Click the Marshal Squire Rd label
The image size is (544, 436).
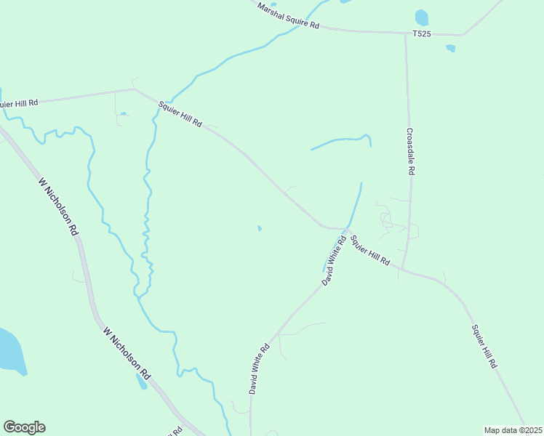pos(289,15)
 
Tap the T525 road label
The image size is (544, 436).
pos(422,33)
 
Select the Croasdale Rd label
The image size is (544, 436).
pos(410,152)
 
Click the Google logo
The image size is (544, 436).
pos(24,427)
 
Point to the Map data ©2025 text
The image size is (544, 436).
pos(513,429)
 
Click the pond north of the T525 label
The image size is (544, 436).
pos(421,17)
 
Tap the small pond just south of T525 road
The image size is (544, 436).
pos(451,49)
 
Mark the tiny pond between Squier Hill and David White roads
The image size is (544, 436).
pos(260,229)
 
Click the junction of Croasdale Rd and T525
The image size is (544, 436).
pos(406,33)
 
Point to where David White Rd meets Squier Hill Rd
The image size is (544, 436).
pos(346,230)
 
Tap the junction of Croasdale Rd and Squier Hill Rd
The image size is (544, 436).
pos(401,268)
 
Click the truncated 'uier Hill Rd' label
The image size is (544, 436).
pos(20,103)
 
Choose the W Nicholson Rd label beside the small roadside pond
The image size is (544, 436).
pos(127,354)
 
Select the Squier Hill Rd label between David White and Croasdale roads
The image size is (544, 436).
pos(369,249)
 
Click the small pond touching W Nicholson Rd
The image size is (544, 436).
pos(141,381)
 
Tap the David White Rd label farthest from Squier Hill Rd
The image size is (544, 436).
pos(259,368)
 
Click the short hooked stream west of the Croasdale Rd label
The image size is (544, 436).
pos(342,141)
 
